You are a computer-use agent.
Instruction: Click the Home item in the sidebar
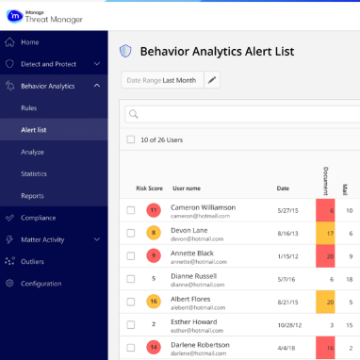[30, 41]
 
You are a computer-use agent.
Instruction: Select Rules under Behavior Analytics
[29, 108]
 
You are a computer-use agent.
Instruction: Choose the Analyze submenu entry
[33, 152]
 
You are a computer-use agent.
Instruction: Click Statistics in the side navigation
[34, 173]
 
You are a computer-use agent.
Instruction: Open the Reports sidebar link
[32, 195]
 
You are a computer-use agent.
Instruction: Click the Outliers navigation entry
[33, 261]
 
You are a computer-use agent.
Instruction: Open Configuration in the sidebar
[41, 283]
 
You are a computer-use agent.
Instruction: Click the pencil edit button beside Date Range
[213, 80]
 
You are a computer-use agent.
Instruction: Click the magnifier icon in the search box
[134, 114]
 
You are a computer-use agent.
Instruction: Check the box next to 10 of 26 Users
[131, 139]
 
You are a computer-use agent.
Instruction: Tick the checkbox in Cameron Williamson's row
[131, 209]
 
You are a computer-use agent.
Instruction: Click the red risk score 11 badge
[153, 209]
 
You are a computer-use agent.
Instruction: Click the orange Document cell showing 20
[326, 303]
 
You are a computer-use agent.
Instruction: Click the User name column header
[187, 188]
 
